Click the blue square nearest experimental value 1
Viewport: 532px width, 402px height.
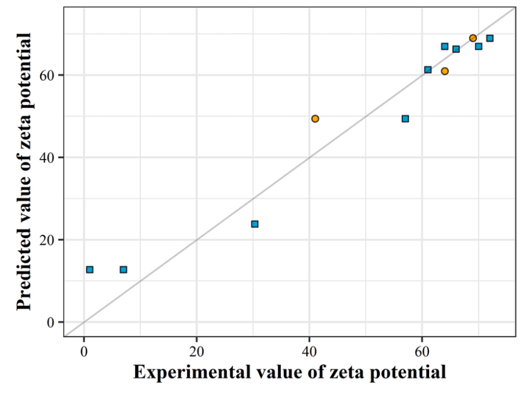[90, 270]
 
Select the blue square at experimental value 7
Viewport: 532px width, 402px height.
[123, 270]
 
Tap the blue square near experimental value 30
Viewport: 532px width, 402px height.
[255, 224]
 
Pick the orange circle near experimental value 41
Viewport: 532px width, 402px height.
[315, 119]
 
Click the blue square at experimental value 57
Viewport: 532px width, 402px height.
[405, 119]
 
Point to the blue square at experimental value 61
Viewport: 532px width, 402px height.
[428, 70]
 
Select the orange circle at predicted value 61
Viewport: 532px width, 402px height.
[445, 71]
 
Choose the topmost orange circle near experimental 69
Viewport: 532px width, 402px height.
[473, 38]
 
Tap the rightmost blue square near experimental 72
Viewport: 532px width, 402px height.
[490, 38]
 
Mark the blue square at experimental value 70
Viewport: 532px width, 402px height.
[479, 46]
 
